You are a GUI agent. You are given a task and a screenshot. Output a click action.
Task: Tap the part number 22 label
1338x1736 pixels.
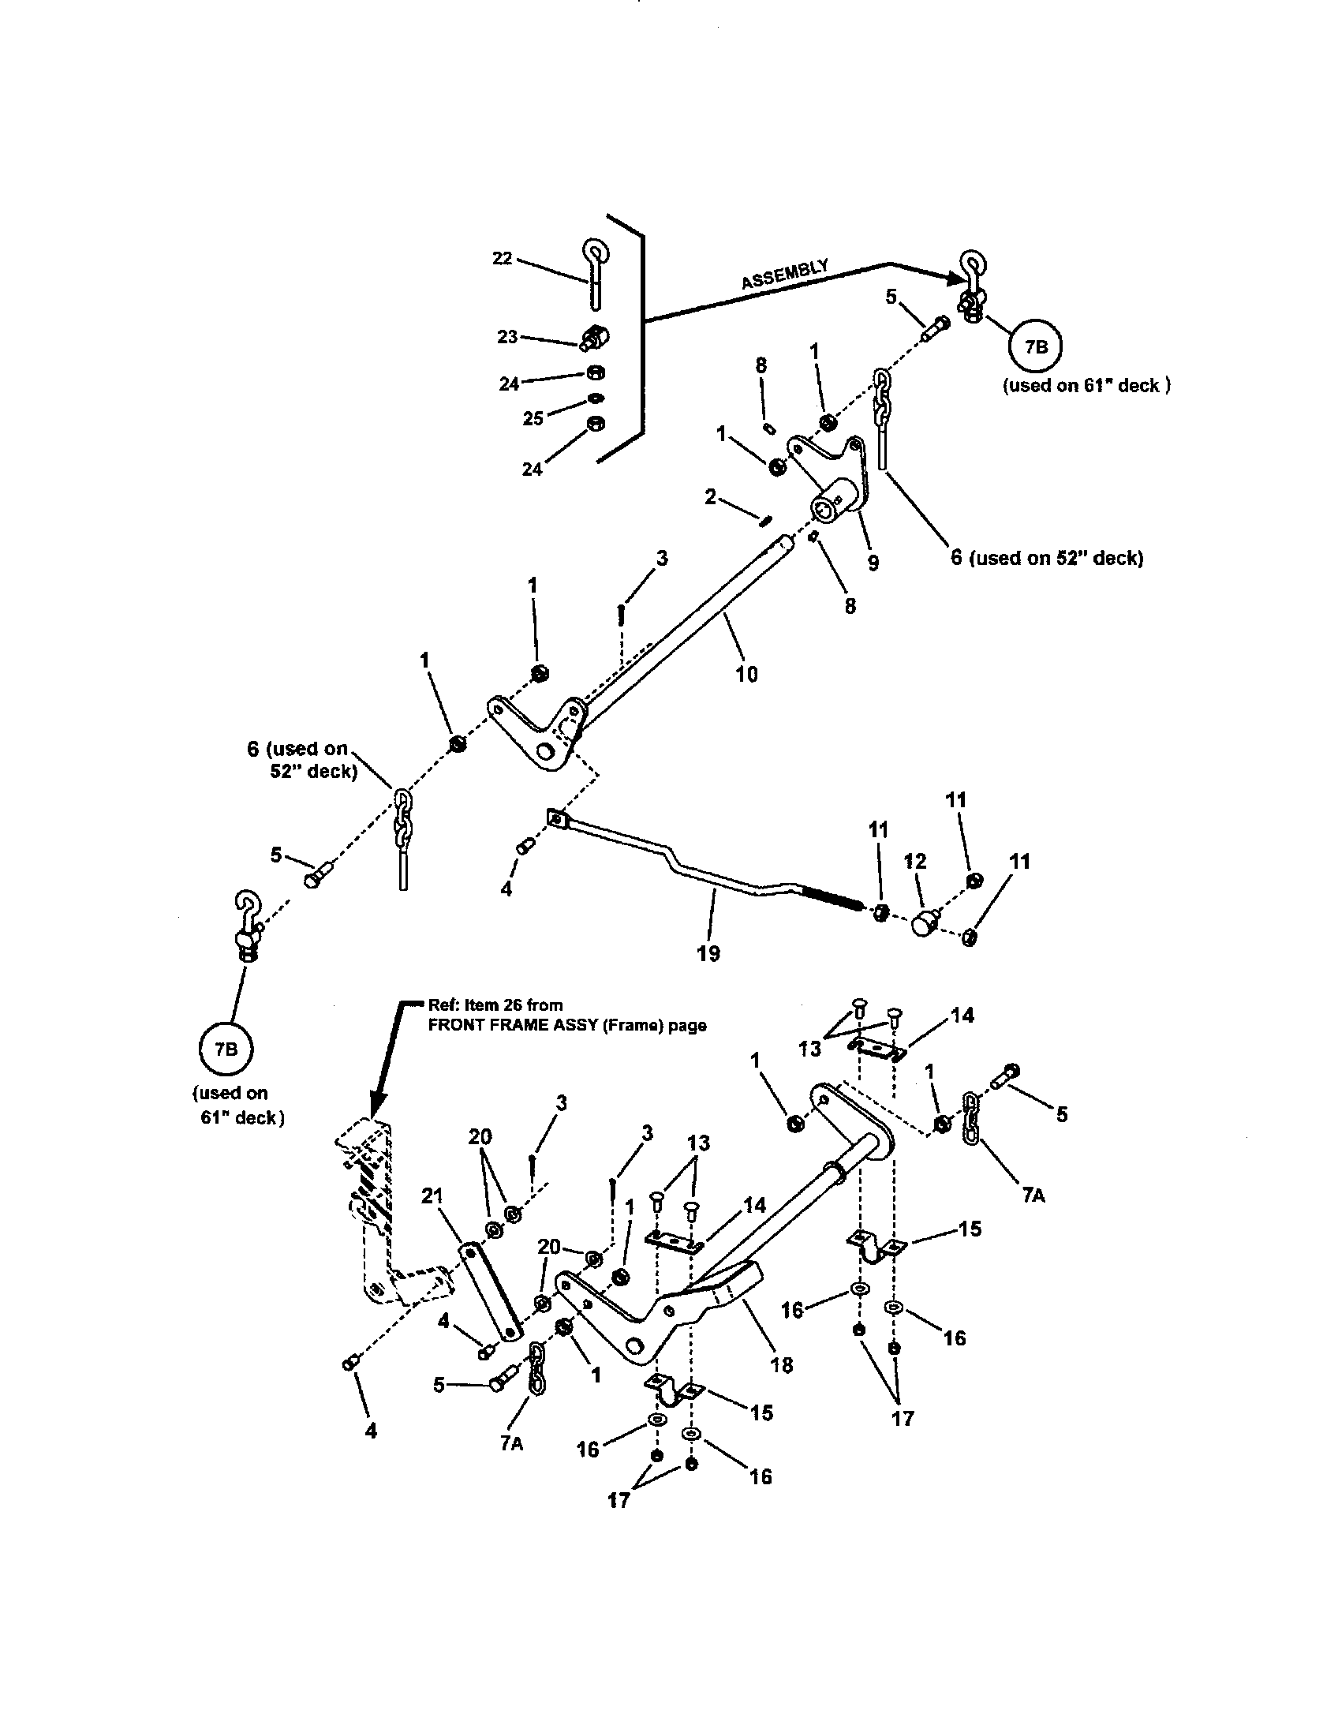click(503, 259)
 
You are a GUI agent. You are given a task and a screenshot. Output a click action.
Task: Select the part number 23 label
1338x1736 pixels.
click(508, 337)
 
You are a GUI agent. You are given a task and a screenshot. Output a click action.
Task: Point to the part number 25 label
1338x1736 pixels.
click(533, 418)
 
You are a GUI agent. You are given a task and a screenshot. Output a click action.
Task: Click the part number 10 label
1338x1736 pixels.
click(747, 674)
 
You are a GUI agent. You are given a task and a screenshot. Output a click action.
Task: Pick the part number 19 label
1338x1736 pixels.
click(708, 953)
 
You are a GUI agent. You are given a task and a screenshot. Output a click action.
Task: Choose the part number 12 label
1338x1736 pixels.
click(915, 861)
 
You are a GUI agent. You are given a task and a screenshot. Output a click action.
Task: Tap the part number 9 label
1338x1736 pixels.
click(873, 563)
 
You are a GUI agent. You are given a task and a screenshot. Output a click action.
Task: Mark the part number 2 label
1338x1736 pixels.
click(709, 498)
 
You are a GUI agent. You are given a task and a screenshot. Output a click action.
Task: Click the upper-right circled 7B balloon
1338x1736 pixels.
click(1035, 346)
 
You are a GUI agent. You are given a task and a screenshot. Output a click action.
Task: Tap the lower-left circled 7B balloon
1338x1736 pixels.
click(226, 1049)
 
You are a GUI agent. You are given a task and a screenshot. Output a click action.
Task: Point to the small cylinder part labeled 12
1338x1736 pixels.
click(924, 924)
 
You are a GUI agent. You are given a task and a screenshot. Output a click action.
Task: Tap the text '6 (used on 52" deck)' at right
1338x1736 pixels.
click(1047, 558)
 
